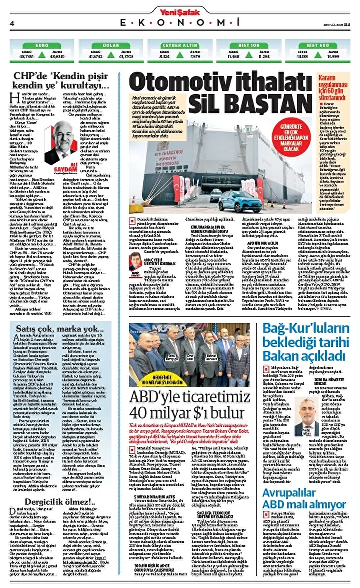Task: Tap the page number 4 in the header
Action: click(11, 23)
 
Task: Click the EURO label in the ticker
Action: click(41, 45)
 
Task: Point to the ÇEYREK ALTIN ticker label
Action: click(179, 45)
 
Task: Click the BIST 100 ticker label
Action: click(249, 45)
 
